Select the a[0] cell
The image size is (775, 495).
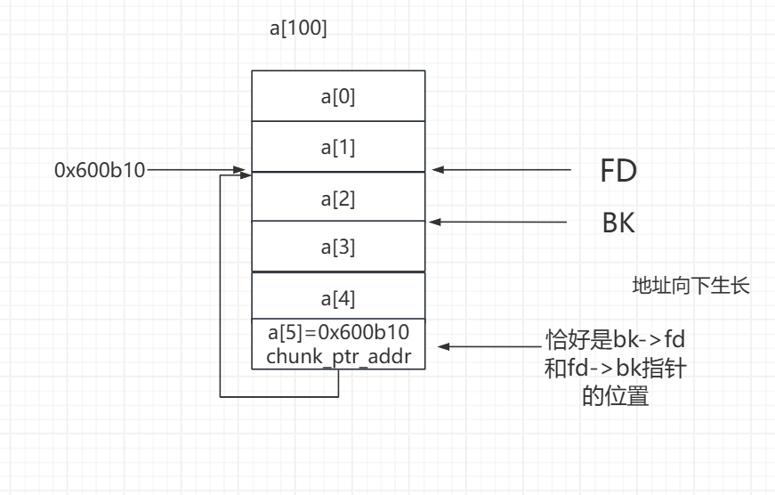coord(338,95)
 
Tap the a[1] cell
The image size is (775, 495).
coord(338,147)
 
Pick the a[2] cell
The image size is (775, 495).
coord(338,198)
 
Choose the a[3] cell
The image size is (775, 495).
coord(338,247)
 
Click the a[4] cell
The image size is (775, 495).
coord(338,296)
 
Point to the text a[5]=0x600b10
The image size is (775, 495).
coord(338,334)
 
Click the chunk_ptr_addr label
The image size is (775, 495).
coord(338,356)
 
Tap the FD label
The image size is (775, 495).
coord(618,170)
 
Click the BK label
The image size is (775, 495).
coord(618,223)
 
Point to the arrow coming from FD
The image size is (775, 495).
coord(503,169)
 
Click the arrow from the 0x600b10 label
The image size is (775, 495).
coord(196,169)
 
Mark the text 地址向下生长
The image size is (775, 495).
coord(691,286)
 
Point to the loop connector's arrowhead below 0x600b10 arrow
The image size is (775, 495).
coord(246,176)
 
